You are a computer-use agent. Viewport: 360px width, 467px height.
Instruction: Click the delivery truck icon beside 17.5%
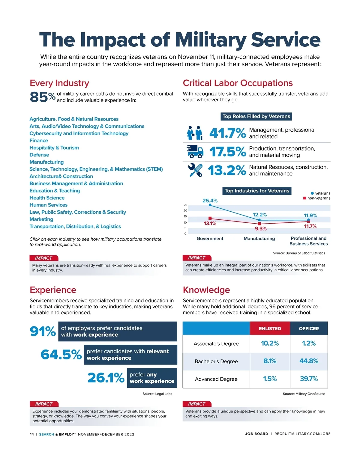(195, 151)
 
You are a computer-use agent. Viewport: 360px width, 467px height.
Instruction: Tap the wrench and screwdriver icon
(195, 170)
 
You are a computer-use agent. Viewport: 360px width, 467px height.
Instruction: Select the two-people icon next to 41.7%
(194, 133)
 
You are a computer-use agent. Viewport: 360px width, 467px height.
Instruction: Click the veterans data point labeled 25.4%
(210, 205)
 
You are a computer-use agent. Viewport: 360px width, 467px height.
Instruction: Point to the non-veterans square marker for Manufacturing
(259, 224)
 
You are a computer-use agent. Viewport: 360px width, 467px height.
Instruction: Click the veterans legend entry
(320, 193)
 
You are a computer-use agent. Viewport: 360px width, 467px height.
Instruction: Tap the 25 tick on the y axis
(185, 205)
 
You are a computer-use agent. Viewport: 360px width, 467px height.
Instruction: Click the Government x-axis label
(210, 239)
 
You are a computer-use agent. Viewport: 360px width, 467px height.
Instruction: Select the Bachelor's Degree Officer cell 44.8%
(309, 361)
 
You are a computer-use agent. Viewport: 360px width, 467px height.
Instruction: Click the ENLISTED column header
(270, 329)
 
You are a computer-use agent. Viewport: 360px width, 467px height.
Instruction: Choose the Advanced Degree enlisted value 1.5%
(270, 379)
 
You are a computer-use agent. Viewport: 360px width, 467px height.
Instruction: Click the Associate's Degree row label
(216, 344)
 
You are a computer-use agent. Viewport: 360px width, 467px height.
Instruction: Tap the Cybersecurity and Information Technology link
(79, 133)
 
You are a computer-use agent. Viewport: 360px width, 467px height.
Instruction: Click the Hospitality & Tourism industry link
(54, 148)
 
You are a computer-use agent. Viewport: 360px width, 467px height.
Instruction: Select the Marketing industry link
(41, 219)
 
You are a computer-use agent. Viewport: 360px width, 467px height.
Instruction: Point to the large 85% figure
(42, 97)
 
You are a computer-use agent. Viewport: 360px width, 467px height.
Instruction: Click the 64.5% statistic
(61, 355)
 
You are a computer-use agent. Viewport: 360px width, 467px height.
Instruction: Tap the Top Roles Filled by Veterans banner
(256, 116)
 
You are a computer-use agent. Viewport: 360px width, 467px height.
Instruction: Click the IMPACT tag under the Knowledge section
(197, 404)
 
